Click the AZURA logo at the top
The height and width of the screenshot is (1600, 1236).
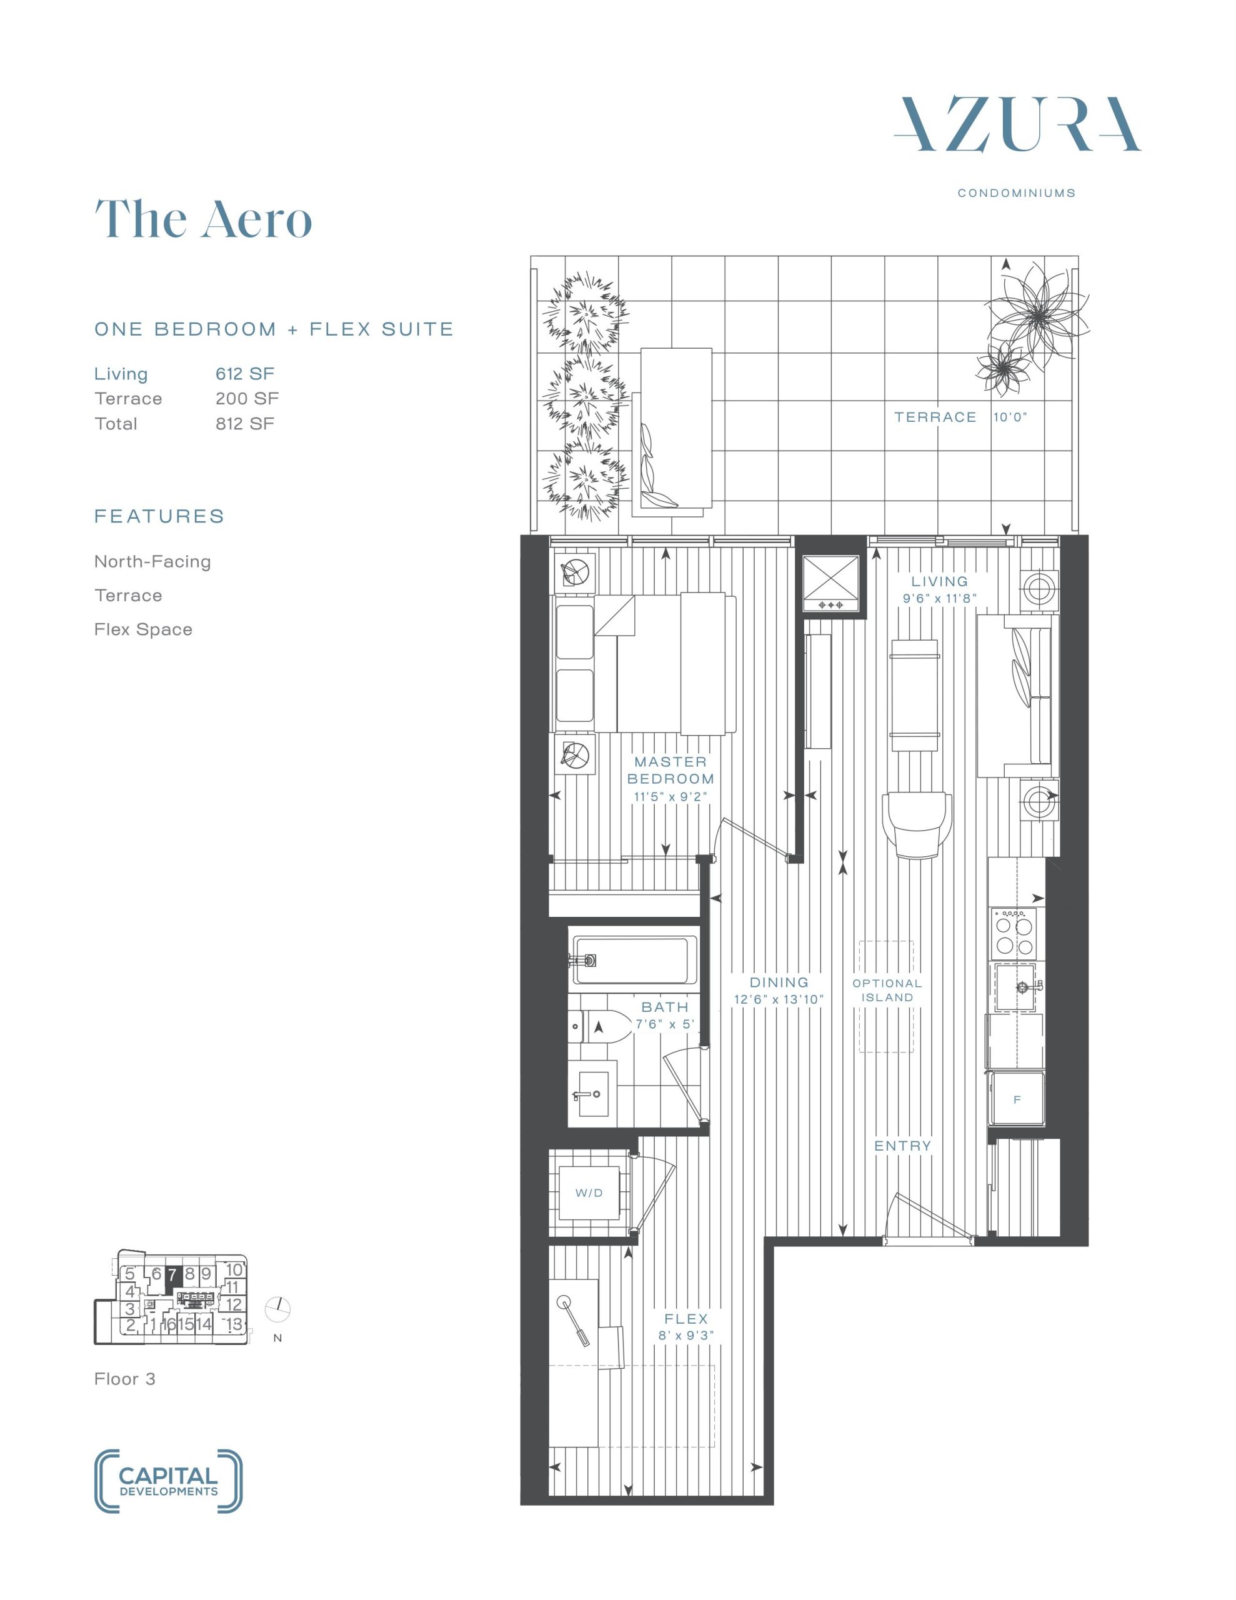pos(1017,124)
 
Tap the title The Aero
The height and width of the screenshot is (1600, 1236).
pos(203,218)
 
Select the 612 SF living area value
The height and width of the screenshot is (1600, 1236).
pos(245,374)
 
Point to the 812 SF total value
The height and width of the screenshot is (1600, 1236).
pos(245,424)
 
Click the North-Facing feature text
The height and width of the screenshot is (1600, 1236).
pos(152,562)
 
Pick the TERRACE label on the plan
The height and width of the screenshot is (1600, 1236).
pos(935,417)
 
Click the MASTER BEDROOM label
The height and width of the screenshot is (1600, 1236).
pos(670,770)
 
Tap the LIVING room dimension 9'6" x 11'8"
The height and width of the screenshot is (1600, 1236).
pos(939,599)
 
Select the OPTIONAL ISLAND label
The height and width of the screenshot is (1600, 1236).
pos(887,991)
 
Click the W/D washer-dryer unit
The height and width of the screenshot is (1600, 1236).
pos(590,1192)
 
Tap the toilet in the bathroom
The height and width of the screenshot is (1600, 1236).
pos(595,1027)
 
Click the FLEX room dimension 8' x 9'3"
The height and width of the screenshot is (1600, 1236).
pos(685,1336)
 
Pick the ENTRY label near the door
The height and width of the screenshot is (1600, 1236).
pos(903,1146)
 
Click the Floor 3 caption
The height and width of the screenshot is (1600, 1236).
pos(124,1379)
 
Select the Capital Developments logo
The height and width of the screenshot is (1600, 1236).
pos(169,1481)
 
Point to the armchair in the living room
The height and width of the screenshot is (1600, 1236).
pos(918,824)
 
